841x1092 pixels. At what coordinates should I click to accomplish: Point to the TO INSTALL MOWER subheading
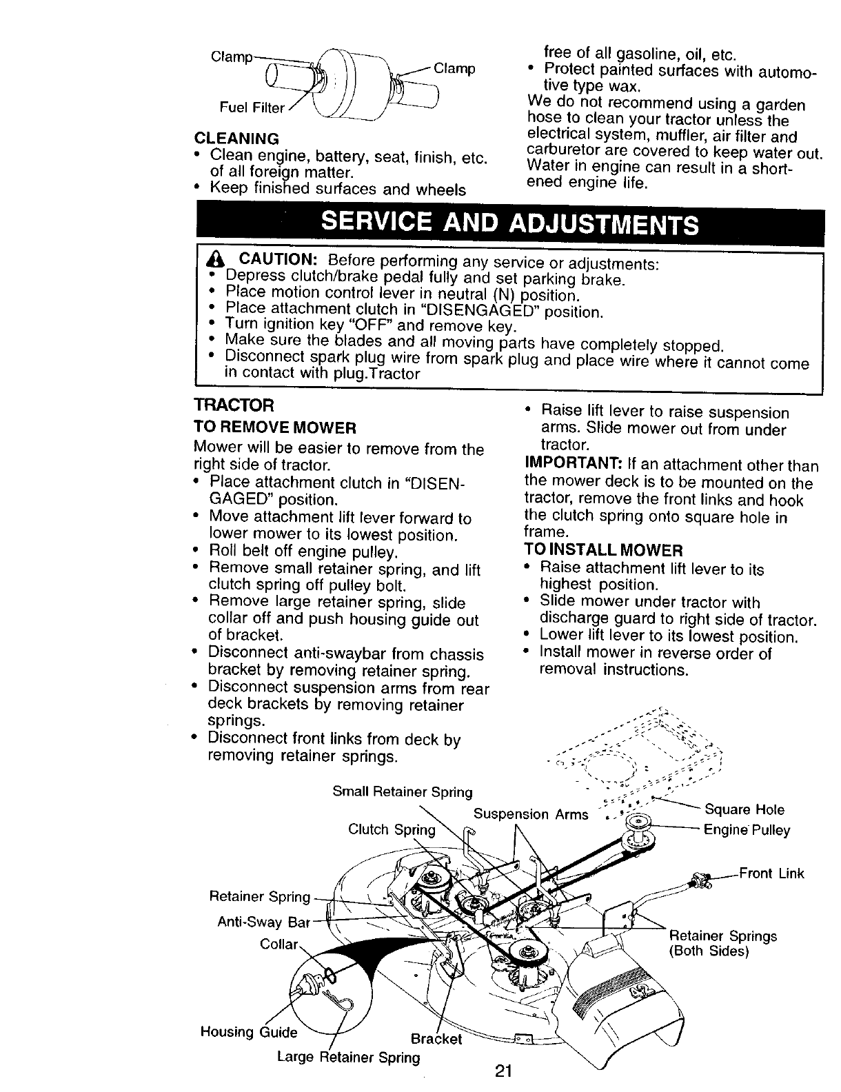[x=603, y=550]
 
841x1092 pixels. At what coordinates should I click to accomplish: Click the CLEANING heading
[x=236, y=138]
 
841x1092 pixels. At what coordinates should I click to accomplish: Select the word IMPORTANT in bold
[x=565, y=465]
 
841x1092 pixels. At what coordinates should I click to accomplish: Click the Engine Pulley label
[x=747, y=830]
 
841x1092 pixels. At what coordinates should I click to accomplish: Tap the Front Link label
[x=771, y=874]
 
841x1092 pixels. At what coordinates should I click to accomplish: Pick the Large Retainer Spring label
[x=348, y=1057]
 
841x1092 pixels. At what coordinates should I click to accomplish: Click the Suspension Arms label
[x=531, y=814]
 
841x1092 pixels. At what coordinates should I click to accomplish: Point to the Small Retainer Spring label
[x=403, y=792]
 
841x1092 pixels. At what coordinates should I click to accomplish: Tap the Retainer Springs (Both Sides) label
[x=722, y=943]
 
